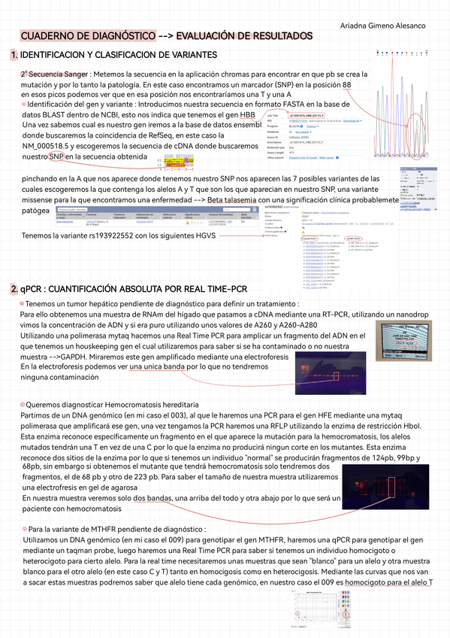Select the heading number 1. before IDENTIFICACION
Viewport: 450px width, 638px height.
[x=14, y=55]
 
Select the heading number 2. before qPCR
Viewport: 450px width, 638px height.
[x=14, y=311]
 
